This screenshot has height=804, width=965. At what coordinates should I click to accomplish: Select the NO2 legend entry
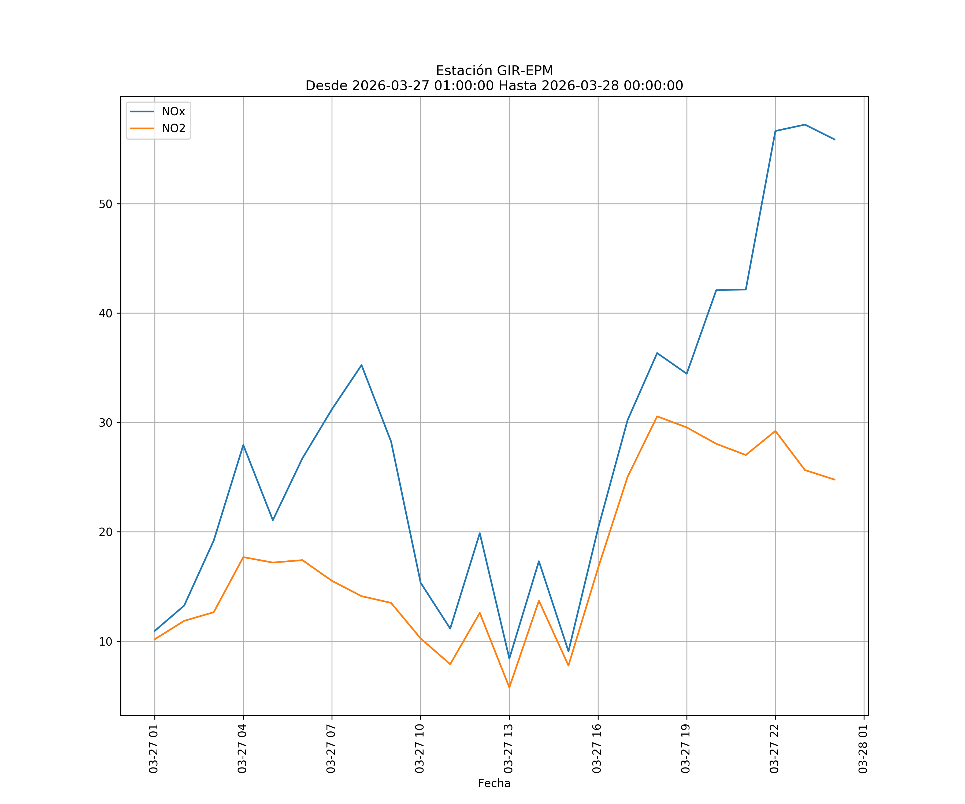173,129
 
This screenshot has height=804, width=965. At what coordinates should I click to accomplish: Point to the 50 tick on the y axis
105,204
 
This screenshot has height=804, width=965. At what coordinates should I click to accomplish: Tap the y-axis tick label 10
105,641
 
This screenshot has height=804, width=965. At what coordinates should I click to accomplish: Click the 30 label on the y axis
105,423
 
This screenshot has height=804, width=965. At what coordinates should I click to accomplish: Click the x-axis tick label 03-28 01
863,749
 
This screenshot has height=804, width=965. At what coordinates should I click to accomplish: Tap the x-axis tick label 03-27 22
774,749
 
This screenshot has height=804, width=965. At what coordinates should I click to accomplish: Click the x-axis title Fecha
494,783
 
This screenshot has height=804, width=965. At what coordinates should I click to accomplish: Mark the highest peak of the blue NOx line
805,125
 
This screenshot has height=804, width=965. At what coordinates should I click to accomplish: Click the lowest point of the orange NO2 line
509,687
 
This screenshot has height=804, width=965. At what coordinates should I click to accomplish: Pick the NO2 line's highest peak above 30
657,416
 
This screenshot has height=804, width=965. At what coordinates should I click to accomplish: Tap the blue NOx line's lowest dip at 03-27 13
509,658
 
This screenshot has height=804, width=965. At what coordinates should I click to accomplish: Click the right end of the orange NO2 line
834,480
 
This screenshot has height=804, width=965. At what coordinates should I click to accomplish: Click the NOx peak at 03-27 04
243,445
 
